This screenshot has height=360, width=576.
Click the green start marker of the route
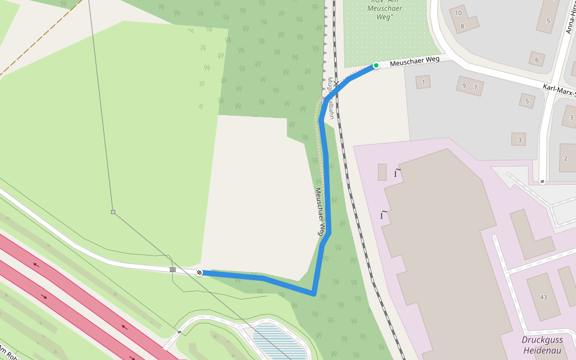[x=376, y=65]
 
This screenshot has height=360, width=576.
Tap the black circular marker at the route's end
[x=200, y=272]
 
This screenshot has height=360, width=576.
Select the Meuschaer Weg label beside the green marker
[x=415, y=61]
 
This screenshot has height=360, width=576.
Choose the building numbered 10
[x=459, y=13]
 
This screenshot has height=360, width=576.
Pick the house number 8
[x=463, y=26]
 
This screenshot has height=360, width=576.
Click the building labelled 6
[x=536, y=59]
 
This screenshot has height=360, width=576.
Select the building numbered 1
[x=424, y=82]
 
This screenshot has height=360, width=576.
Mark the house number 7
[x=475, y=88]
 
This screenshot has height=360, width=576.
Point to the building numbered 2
[x=565, y=158]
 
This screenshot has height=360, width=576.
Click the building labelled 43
[x=544, y=297]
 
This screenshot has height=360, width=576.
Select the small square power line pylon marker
[x=113, y=212]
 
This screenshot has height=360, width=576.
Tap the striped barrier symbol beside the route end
[x=173, y=270]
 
